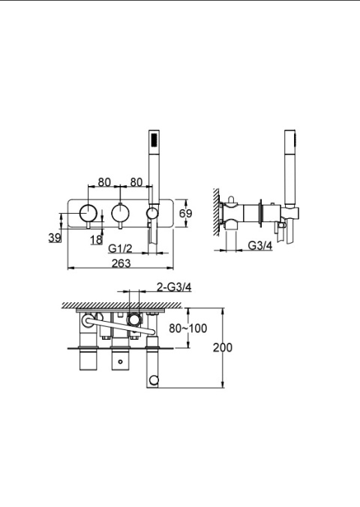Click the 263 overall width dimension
click(x=121, y=263)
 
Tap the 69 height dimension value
click(x=185, y=214)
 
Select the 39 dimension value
click(x=55, y=238)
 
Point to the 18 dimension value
click(x=96, y=239)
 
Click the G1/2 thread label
click(x=120, y=248)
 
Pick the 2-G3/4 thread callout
click(x=174, y=286)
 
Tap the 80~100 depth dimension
click(x=188, y=328)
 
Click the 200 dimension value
click(x=223, y=347)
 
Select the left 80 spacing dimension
click(x=104, y=182)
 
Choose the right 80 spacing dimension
click(x=136, y=182)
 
